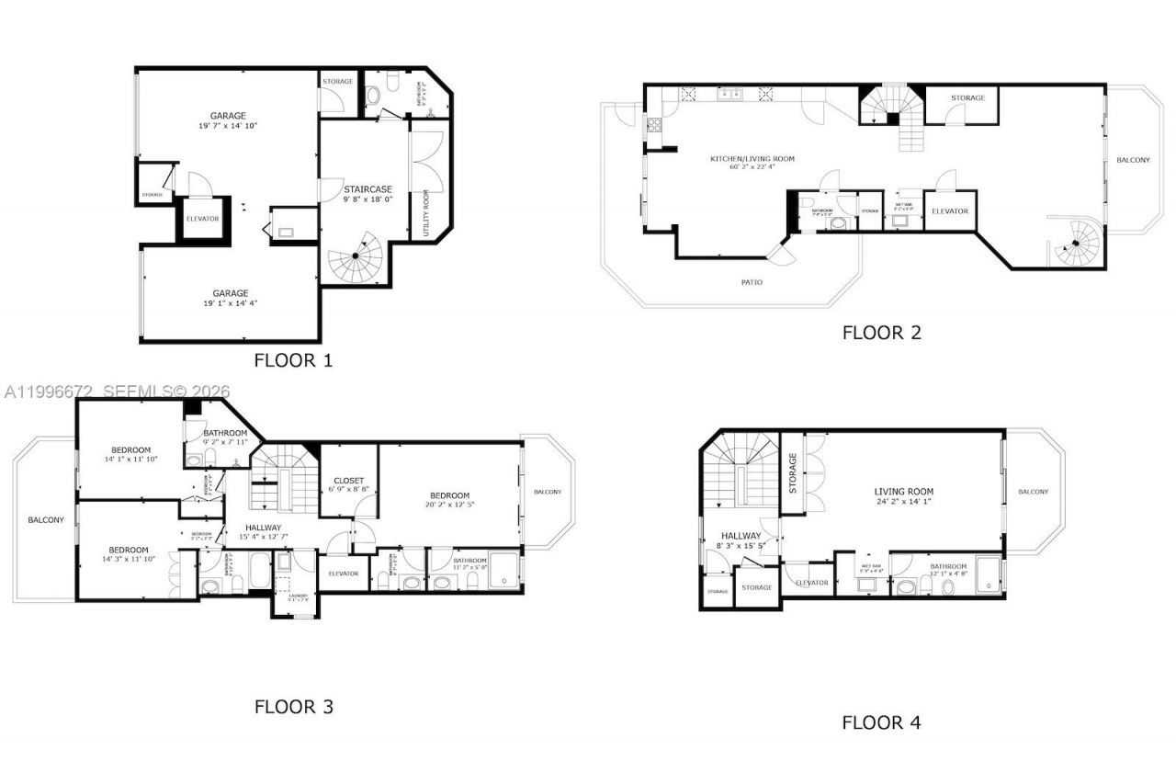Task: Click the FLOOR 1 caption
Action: [293, 360]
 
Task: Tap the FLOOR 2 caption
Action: [881, 333]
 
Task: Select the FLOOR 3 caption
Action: [293, 707]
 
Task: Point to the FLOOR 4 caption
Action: [881, 722]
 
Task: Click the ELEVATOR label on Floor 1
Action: [202, 219]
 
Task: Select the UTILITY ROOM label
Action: [425, 213]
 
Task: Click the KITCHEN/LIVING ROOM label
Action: [752, 159]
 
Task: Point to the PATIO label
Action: [752, 282]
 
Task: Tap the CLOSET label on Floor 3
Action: [348, 481]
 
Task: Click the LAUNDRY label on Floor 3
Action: [295, 595]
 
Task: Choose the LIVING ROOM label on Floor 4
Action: [903, 492]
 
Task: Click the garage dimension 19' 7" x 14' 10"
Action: [227, 126]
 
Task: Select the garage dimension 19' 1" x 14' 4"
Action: [230, 303]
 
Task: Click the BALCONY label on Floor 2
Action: [1133, 160]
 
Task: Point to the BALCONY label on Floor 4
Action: [1033, 492]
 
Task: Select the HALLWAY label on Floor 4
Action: [741, 536]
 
